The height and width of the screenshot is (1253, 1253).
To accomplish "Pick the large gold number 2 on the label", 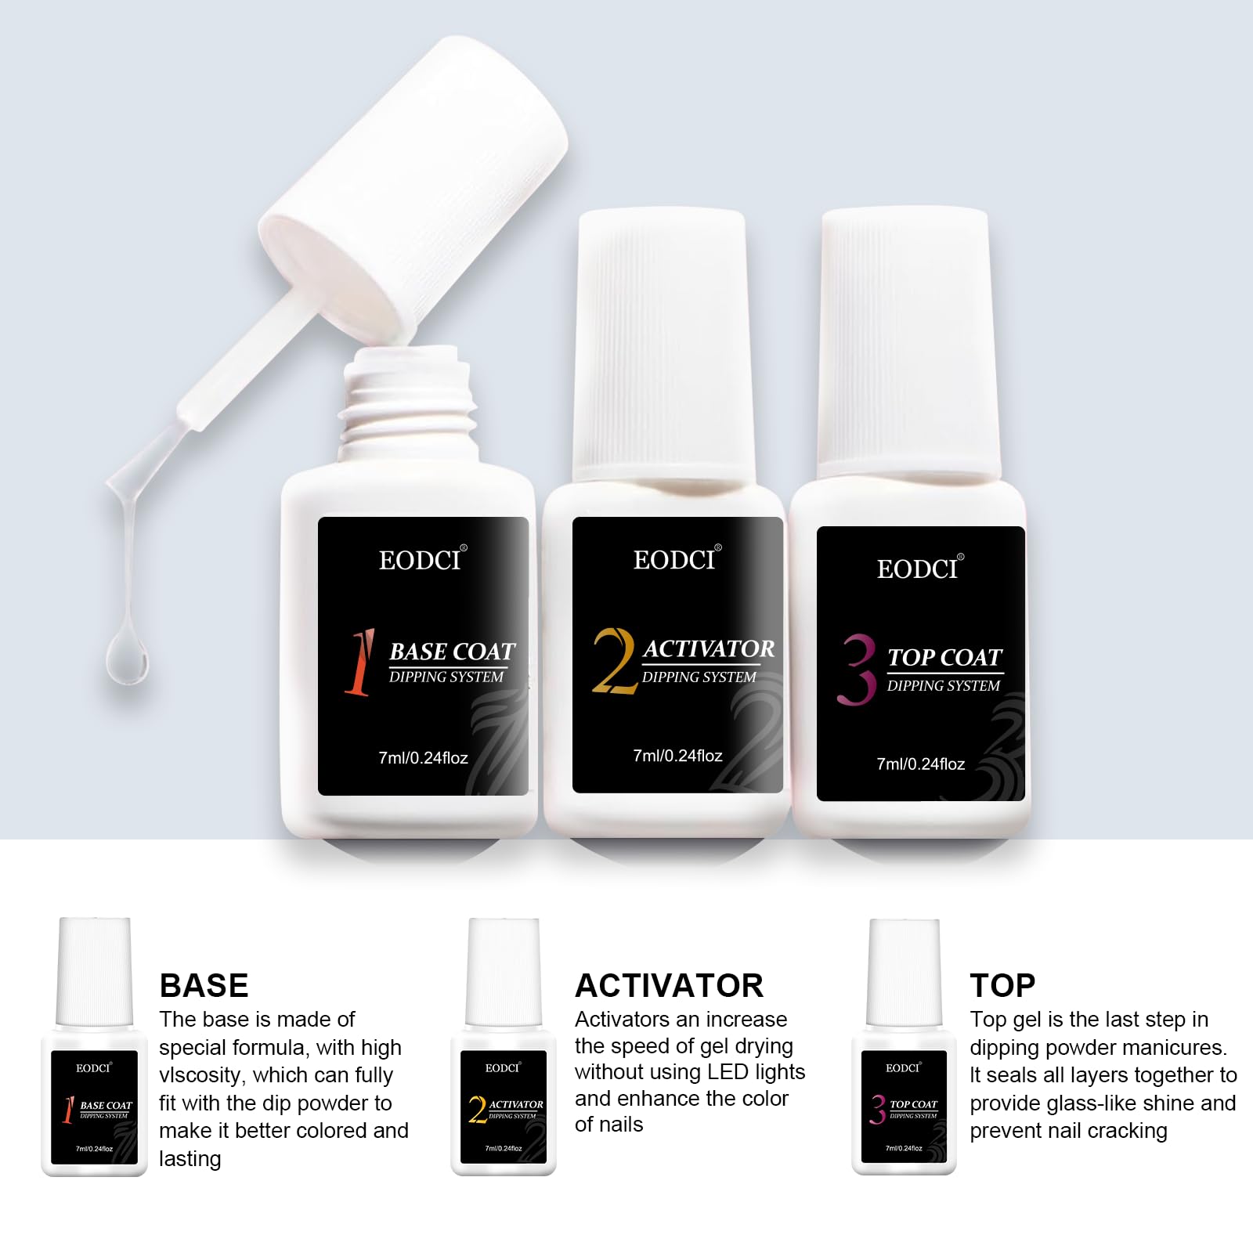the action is tap(614, 660).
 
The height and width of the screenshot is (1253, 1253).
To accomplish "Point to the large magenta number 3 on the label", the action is tap(857, 670).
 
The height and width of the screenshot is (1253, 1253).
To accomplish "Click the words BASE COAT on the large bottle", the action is tap(453, 652).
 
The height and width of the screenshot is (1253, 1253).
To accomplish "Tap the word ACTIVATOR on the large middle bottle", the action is tap(709, 649).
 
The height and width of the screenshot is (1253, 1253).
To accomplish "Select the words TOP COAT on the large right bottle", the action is tap(945, 658).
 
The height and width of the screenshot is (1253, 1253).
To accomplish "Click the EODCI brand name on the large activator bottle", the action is tap(674, 559).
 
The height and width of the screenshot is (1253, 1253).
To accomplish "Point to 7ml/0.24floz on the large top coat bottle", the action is tap(921, 764).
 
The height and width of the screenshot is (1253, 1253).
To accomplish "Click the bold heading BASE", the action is tap(204, 985).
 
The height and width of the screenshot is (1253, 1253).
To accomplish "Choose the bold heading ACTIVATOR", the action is tap(669, 985).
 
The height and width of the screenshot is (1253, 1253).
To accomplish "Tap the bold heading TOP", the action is tap(1002, 985).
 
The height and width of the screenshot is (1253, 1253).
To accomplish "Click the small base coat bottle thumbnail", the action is tap(94, 1046).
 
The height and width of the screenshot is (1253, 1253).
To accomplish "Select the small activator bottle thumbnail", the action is tap(503, 1046).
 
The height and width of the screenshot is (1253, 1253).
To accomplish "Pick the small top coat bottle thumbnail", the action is tap(904, 1046).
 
